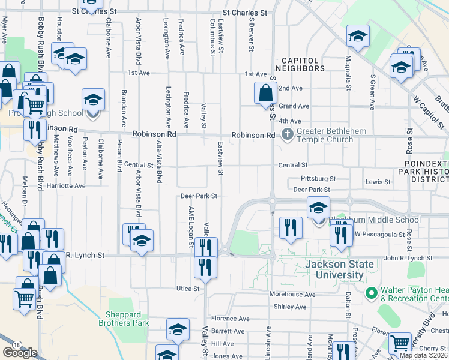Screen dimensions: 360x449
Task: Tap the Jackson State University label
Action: coord(334,269)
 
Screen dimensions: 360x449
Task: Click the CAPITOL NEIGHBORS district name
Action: coord(303,64)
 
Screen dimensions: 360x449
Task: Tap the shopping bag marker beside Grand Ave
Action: coord(265,94)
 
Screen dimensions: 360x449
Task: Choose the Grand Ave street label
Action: coord(294,106)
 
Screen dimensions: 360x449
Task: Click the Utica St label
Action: coord(187,289)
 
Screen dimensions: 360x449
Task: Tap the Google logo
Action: coord(20,352)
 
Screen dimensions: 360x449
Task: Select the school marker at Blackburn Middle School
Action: coord(318,208)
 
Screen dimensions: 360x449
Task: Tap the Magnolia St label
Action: coord(348,71)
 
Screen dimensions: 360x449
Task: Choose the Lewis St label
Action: coord(377,181)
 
